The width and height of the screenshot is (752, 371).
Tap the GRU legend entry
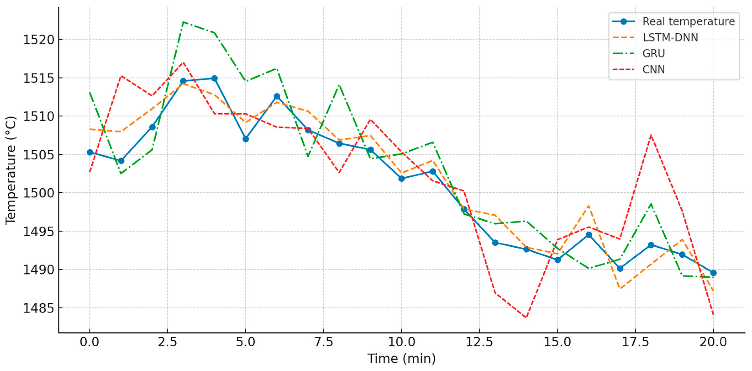pos(654,53)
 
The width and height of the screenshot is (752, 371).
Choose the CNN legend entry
pos(654,69)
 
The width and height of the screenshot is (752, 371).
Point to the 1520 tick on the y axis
pos(39,40)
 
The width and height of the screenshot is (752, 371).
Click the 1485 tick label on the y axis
pos(39,308)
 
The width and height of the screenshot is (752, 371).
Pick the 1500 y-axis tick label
pos(39,193)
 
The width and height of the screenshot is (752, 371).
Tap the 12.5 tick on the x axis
pos(479,342)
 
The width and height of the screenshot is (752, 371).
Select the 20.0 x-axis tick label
pos(713,342)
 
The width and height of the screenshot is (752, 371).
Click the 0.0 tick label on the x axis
pos(90,342)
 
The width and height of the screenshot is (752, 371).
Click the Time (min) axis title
pos(401,359)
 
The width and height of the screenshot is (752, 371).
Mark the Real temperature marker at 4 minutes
pos(214,78)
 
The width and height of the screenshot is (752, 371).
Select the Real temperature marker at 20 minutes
pos(713,273)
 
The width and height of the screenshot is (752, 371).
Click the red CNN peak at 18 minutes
pos(651,135)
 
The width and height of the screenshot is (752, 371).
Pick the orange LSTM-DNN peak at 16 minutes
pos(589,206)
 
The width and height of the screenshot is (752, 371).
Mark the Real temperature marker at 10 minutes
pos(401,178)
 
